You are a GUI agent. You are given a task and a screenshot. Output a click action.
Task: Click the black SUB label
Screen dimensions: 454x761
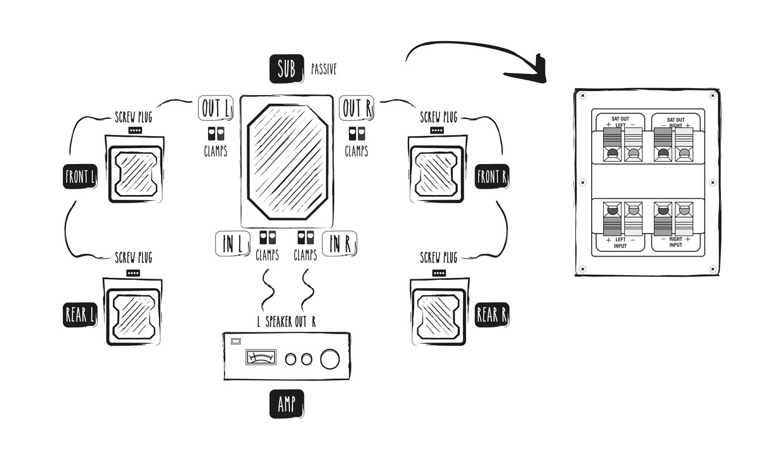point(287,69)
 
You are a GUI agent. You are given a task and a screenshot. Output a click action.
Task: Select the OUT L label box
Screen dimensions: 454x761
point(216,109)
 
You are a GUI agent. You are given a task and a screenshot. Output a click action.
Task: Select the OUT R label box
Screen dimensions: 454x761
point(356,108)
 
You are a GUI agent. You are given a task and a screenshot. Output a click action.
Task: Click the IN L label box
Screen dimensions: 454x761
point(233,244)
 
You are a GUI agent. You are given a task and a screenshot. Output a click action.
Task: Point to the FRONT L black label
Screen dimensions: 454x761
point(80,177)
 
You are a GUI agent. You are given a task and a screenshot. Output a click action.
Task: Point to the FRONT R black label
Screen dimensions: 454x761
point(492,177)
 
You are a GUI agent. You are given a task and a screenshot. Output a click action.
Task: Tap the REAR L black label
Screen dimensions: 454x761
point(79,314)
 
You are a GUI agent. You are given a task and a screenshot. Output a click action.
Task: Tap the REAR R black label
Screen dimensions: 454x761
point(492,314)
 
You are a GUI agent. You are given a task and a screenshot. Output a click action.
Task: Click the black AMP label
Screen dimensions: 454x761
point(287,404)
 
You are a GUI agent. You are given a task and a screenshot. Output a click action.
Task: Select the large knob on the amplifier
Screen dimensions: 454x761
point(330,359)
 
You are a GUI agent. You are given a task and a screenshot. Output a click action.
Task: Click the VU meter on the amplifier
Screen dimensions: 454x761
point(261,358)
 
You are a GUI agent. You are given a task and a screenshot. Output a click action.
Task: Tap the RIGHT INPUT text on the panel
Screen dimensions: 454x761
point(675,242)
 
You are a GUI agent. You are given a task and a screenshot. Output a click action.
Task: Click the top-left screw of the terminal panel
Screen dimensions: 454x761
point(583,96)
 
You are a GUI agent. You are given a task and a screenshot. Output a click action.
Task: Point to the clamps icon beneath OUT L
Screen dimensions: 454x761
point(216,134)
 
